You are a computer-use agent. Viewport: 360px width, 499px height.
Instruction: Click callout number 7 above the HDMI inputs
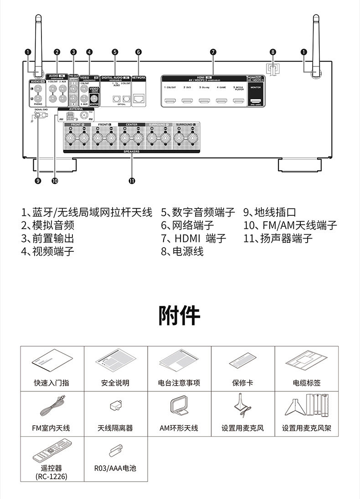213,52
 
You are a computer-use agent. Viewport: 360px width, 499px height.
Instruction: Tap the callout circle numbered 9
37,181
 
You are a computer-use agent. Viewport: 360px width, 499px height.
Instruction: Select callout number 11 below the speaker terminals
132,181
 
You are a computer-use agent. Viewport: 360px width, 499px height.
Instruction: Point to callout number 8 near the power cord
273,52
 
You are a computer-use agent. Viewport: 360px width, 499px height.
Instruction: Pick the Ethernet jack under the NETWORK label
138,98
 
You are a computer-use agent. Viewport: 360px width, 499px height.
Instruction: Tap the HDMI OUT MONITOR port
256,101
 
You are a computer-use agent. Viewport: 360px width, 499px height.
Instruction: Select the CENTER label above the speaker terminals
129,125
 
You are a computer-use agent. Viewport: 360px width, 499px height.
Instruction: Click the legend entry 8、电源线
182,251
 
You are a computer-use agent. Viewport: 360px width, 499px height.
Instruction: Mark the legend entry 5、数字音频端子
198,212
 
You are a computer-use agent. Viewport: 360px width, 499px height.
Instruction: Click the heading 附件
180,315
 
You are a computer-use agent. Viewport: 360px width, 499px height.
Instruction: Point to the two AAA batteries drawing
115,451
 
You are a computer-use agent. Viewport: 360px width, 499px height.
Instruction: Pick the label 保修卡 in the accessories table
242,383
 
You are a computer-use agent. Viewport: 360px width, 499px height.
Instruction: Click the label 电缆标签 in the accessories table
306,383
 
